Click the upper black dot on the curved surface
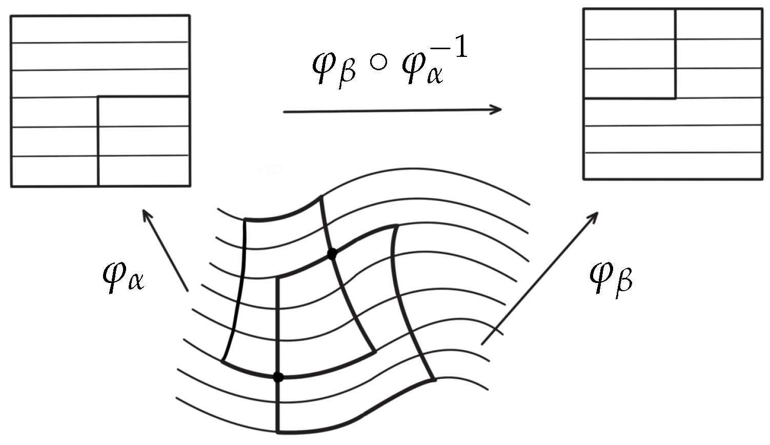(x=332, y=253)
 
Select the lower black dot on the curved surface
(x=278, y=377)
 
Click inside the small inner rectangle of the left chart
(x=144, y=141)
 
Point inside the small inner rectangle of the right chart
(x=630, y=54)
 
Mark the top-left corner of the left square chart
(x=11, y=16)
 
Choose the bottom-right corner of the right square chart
(x=761, y=179)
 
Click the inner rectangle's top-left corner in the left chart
(x=98, y=96)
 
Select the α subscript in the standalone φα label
(x=135, y=284)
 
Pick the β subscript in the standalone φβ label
(x=624, y=283)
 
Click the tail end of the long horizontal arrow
(x=285, y=111)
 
